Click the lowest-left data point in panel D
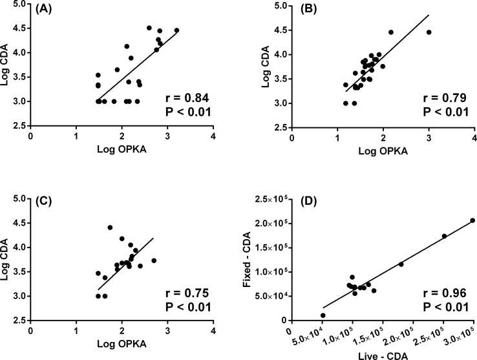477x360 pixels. [x=323, y=315]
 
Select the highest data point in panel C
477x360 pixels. [x=110, y=228]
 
